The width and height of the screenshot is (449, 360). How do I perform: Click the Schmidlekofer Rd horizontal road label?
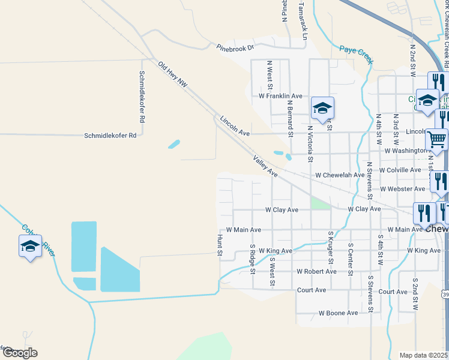(x=110, y=136)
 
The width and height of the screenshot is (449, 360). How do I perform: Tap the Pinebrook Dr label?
(x=236, y=46)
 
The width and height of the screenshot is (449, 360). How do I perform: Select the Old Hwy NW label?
(x=173, y=75)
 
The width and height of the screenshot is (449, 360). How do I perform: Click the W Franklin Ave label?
(x=280, y=96)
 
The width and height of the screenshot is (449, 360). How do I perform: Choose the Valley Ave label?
(x=265, y=166)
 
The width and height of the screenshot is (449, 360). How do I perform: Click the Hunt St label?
(x=220, y=247)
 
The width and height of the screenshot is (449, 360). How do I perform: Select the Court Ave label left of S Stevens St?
(x=312, y=290)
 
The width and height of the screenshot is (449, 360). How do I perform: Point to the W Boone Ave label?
(x=338, y=313)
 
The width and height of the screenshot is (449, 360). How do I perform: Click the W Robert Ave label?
(x=316, y=271)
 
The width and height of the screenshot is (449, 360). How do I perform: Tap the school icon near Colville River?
(x=30, y=247)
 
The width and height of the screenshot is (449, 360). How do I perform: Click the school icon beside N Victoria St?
(x=322, y=109)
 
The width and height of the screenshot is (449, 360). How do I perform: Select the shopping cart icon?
(x=436, y=140)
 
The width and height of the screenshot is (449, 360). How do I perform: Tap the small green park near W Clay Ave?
(x=321, y=203)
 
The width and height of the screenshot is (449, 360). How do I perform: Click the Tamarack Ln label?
(x=304, y=27)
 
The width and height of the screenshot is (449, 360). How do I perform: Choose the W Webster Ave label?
(x=402, y=189)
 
